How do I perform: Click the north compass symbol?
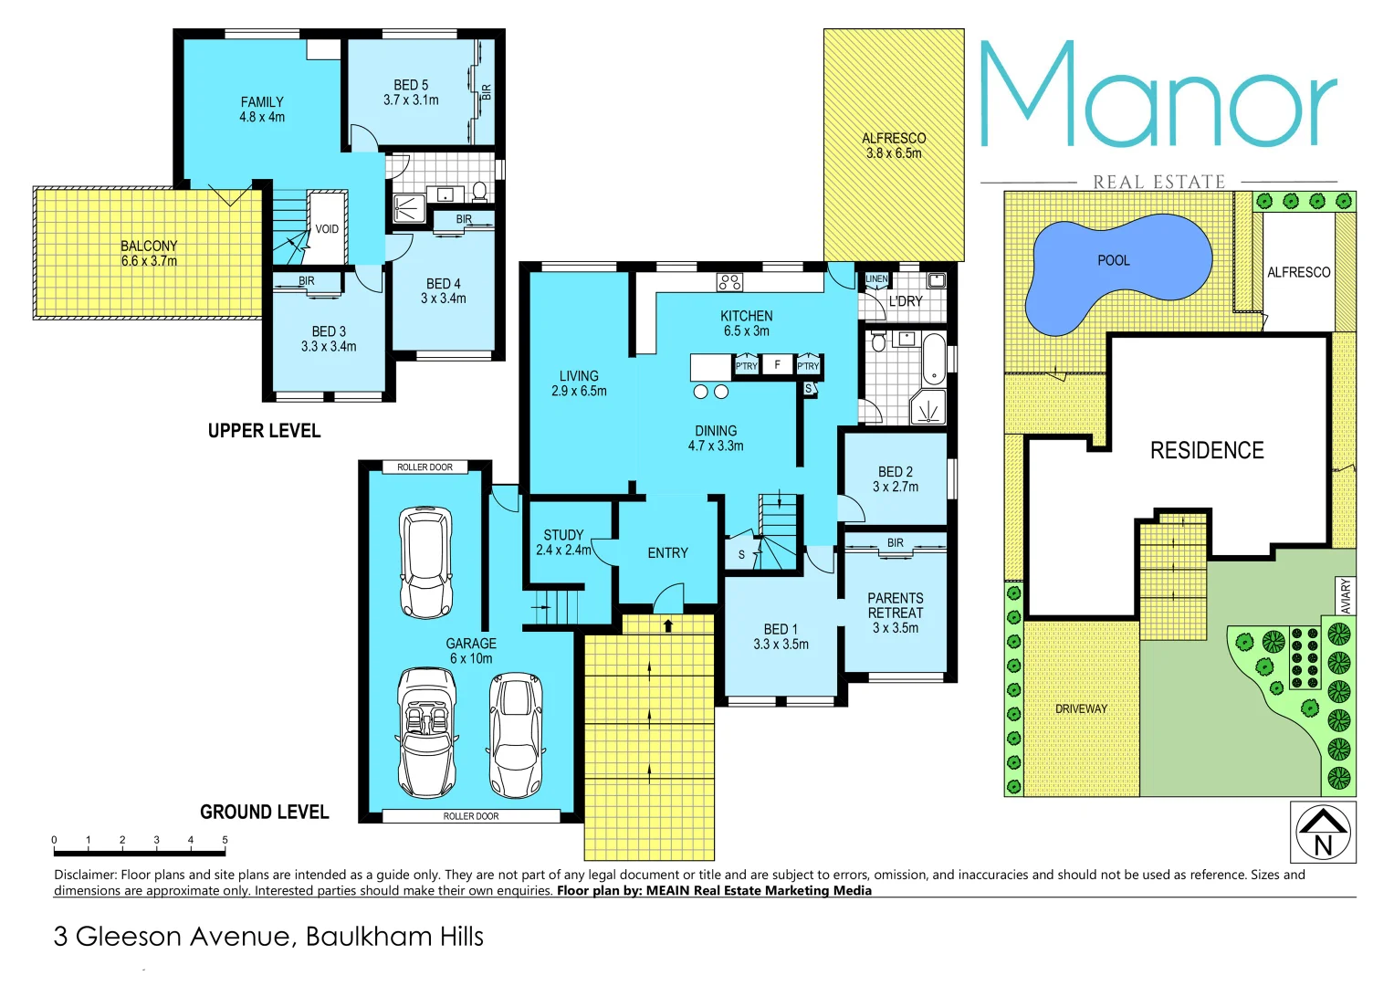click(x=1323, y=833)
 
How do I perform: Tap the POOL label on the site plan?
click(x=1113, y=261)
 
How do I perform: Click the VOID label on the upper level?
click(x=327, y=229)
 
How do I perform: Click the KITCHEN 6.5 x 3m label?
click(x=746, y=323)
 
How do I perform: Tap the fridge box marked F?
click(x=777, y=365)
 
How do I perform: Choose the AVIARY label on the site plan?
click(x=1345, y=596)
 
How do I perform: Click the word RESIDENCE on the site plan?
click(x=1207, y=451)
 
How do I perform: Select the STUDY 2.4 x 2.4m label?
click(x=563, y=542)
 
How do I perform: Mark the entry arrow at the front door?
click(x=668, y=626)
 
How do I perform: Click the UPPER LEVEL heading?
click(x=264, y=431)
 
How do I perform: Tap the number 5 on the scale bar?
click(x=225, y=840)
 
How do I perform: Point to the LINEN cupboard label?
click(x=876, y=278)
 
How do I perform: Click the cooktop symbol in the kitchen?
click(x=729, y=282)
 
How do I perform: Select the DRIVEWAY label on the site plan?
click(x=1081, y=708)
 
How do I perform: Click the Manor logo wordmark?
click(x=1158, y=96)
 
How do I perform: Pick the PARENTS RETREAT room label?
click(x=895, y=613)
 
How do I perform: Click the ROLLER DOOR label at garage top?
click(x=424, y=467)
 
